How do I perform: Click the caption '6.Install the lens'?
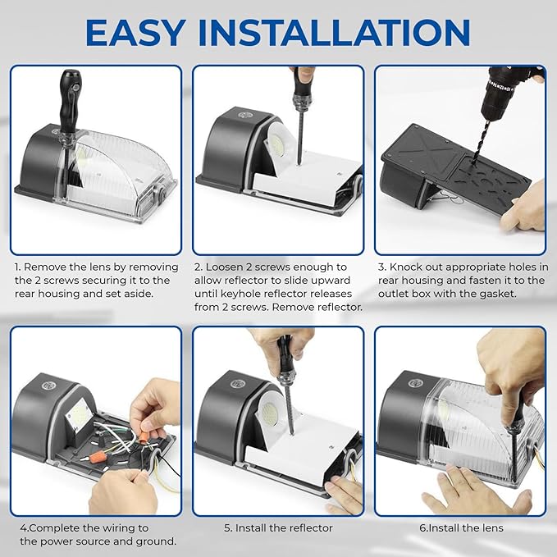click(x=461, y=527)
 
